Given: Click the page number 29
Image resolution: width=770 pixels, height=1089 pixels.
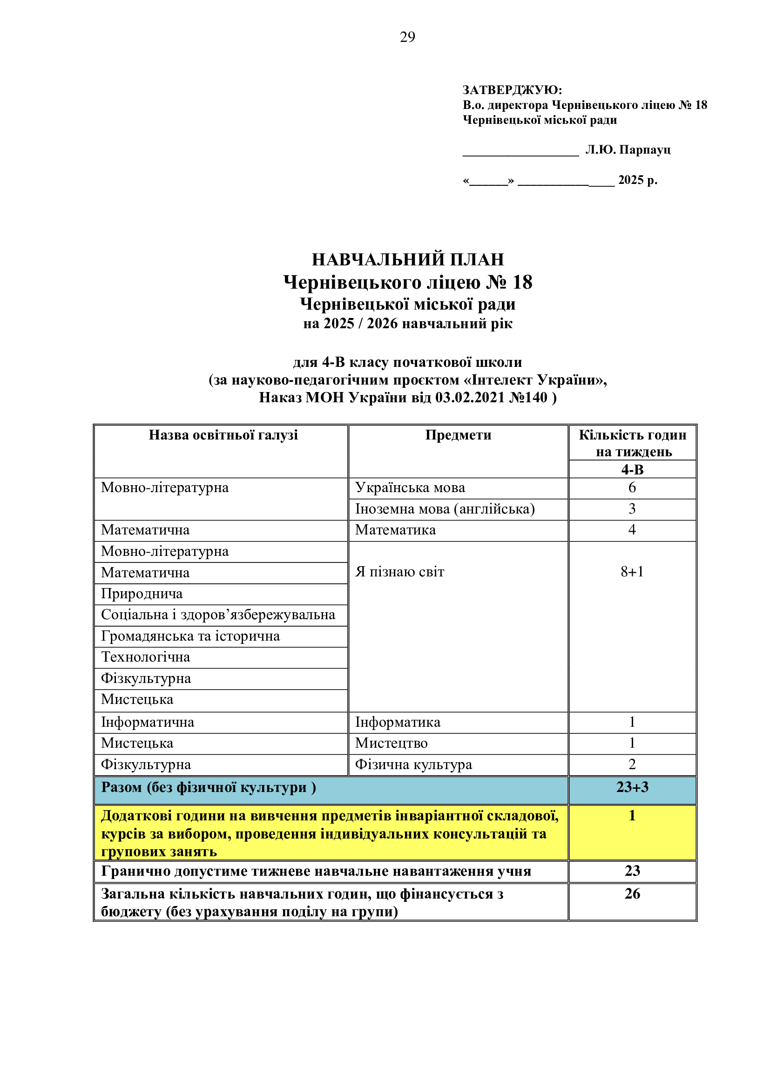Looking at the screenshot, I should [x=407, y=37].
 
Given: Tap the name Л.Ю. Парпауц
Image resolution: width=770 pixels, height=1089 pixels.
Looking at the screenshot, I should [x=628, y=150].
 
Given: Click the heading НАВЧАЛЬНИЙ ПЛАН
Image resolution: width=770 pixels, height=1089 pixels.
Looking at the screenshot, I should [x=407, y=259].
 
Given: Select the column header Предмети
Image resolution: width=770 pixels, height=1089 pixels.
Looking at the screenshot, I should [x=458, y=435].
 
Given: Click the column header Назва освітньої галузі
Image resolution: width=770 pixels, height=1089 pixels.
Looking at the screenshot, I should [x=223, y=435].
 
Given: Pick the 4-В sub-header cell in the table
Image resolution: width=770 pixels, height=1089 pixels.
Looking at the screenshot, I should [x=632, y=470].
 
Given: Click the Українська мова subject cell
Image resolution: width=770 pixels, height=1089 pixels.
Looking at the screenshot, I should [x=410, y=487].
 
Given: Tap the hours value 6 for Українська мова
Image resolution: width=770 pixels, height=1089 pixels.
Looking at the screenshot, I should [x=632, y=487].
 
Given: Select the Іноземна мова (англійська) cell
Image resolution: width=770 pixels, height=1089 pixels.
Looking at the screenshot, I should [x=445, y=509].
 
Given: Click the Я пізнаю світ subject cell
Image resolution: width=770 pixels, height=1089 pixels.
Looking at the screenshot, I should [x=400, y=572].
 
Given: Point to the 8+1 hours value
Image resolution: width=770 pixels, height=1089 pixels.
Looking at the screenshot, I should [x=632, y=572].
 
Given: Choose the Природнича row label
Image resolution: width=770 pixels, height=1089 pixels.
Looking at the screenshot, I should [x=142, y=593].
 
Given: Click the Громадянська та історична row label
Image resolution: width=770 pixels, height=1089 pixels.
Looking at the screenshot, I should [x=190, y=636].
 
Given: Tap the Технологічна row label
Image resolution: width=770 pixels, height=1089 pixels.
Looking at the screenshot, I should [x=146, y=657].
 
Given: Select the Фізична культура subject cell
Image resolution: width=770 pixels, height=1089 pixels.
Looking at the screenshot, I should [x=413, y=764].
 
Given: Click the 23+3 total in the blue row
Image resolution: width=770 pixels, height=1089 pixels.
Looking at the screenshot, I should [x=632, y=787].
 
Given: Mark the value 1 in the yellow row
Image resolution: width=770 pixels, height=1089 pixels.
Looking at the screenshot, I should [x=632, y=815].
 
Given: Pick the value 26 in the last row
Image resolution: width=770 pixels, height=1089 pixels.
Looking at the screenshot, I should [x=632, y=893].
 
